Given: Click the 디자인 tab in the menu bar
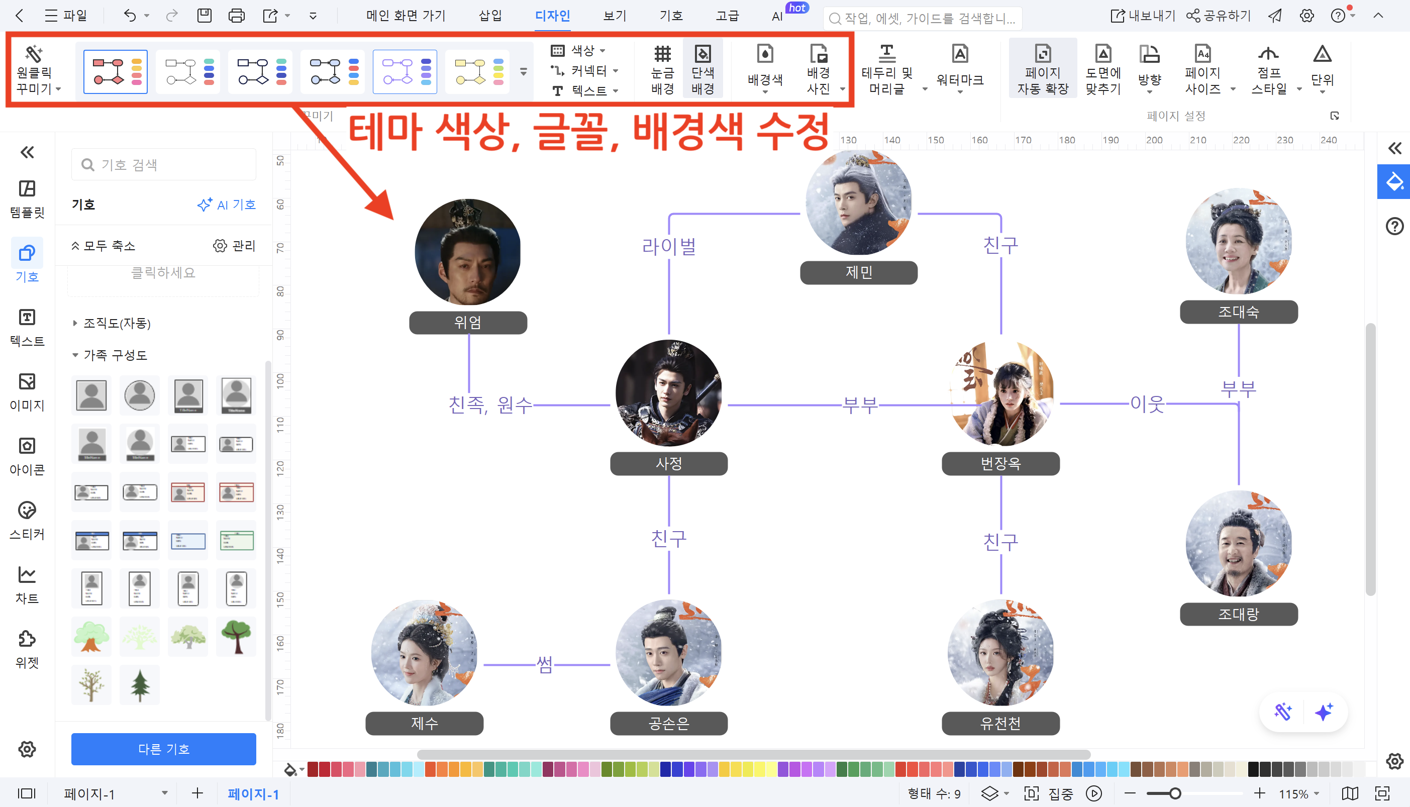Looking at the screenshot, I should click(552, 16).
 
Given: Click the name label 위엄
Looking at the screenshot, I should click(468, 323).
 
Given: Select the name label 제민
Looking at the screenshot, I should click(859, 273).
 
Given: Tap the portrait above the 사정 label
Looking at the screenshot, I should click(668, 392).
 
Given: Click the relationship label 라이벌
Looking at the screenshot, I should click(668, 246).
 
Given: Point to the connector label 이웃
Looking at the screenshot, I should click(1147, 404).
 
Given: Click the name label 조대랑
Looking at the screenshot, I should click(1238, 614).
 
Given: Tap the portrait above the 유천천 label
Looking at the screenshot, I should click(1000, 652).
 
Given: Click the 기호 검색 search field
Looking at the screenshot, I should click(164, 165).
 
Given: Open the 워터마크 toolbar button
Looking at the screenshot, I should click(960, 69).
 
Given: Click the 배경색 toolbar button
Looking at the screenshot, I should click(765, 69).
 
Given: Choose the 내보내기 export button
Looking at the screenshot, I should click(1143, 16).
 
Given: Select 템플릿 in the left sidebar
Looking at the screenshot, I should click(27, 198).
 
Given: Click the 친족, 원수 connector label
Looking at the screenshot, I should click(490, 405).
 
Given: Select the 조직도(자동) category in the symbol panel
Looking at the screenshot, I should click(117, 323).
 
